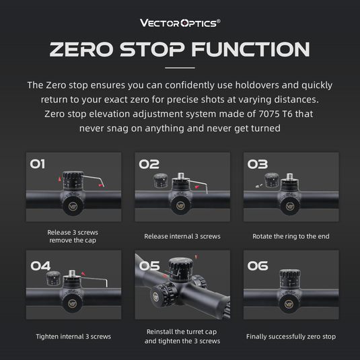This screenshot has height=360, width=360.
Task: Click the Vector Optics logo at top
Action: pos(180,22)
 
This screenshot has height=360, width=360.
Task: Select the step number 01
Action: pos(38,164)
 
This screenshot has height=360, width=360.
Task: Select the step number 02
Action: pos(149,164)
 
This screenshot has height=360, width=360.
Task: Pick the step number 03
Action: pos(257,164)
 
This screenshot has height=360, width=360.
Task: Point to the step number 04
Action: pos(40,265)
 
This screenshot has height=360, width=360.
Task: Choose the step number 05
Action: pos(149,265)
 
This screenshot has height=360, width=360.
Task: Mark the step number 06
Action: pos(258,265)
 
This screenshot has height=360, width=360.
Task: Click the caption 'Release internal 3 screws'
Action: pos(182,236)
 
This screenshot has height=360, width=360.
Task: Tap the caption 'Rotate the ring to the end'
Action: pos(291,236)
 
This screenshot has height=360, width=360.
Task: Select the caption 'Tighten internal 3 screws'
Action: pos(73,336)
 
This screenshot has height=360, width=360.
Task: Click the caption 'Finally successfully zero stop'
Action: pos(291,336)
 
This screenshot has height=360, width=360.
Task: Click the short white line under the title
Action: pos(180,68)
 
